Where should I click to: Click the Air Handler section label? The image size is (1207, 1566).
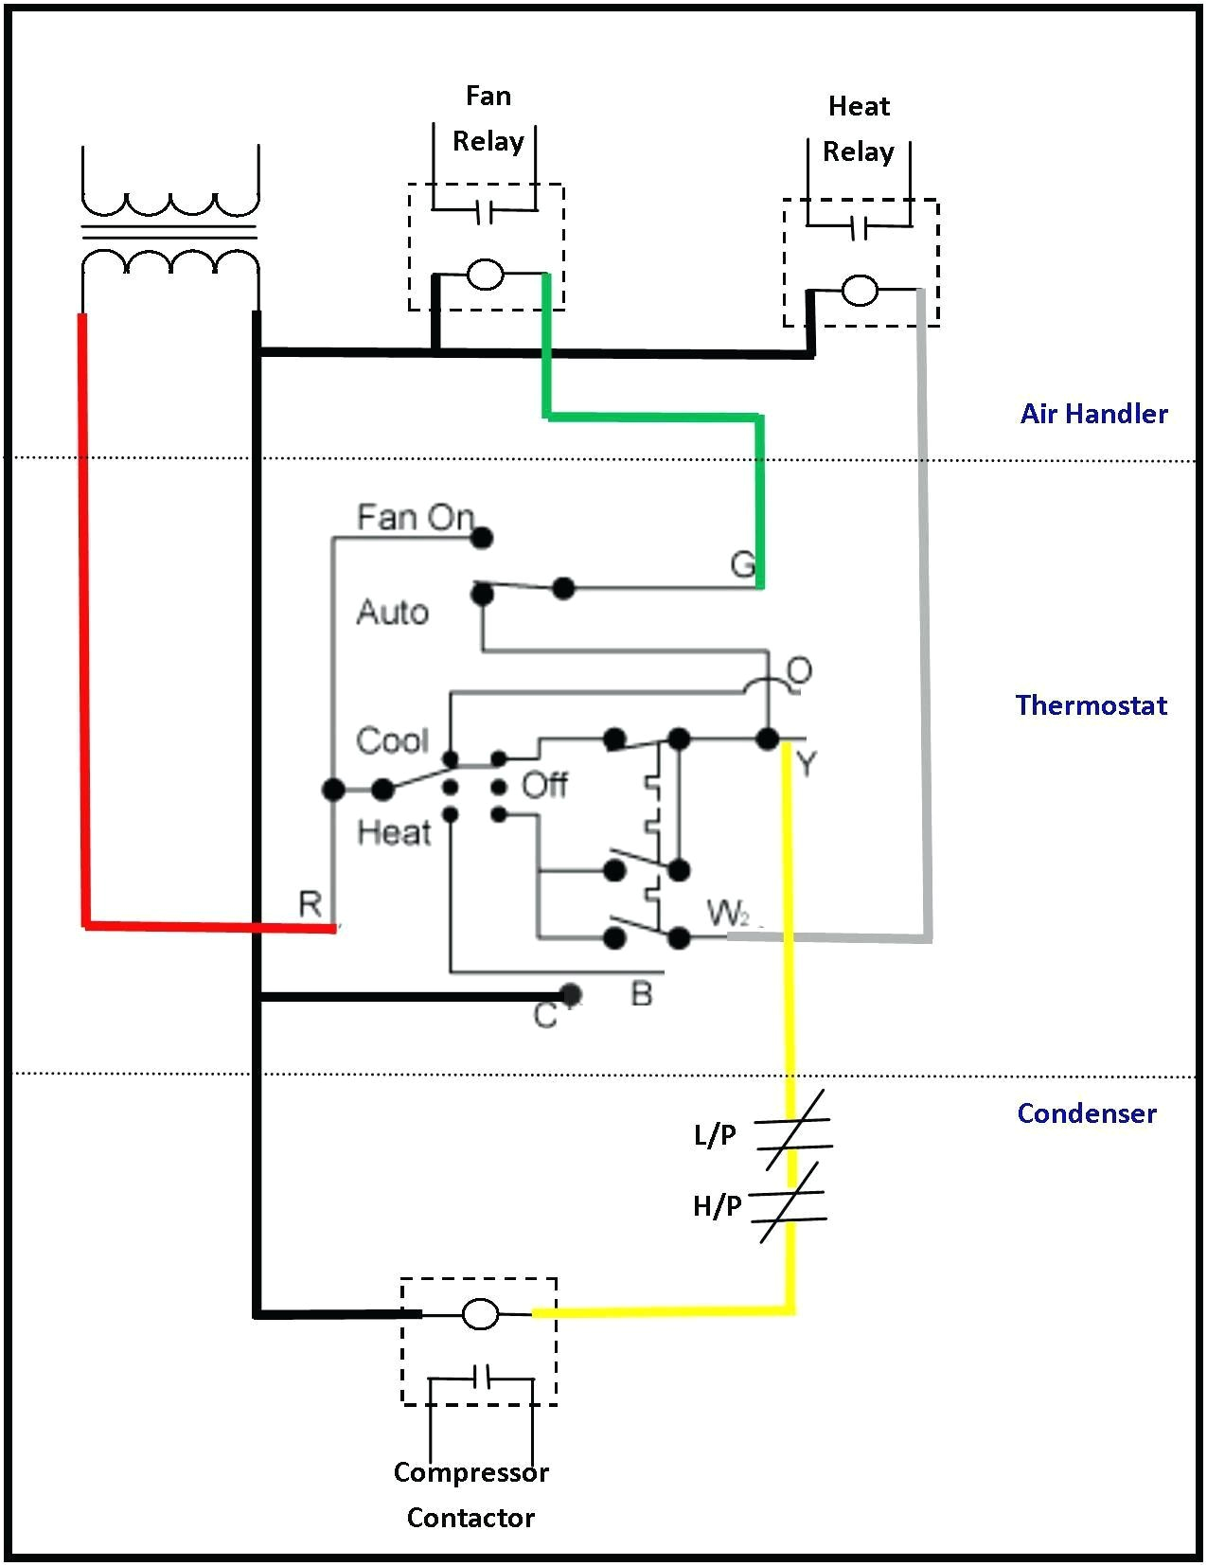click(x=1093, y=414)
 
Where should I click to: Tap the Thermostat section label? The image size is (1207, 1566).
click(x=1091, y=705)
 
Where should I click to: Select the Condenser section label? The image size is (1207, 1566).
click(x=1087, y=1113)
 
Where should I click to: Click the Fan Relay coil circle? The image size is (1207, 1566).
click(x=485, y=276)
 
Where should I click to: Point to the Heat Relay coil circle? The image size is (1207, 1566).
click(x=860, y=291)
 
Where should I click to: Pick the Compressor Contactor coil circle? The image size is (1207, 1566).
click(x=480, y=1314)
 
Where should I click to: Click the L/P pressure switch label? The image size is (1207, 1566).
click(x=715, y=1134)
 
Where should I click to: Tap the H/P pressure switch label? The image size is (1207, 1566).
click(x=717, y=1205)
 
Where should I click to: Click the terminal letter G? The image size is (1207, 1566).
click(x=742, y=565)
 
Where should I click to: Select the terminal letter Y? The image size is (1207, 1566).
click(x=806, y=763)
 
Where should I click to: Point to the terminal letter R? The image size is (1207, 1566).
click(x=310, y=904)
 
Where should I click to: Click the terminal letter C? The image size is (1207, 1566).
click(x=544, y=1016)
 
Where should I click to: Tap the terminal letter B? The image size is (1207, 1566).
click(x=641, y=994)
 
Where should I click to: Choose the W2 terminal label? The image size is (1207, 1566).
click(x=728, y=914)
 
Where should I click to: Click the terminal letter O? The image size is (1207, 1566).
click(x=799, y=671)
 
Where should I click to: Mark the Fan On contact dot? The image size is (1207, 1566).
click(x=482, y=539)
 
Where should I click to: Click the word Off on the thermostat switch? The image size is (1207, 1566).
click(x=544, y=785)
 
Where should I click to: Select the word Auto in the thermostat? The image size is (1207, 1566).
click(x=392, y=613)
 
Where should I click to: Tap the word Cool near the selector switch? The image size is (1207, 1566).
click(x=392, y=740)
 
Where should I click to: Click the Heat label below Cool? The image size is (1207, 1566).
click(x=394, y=832)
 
